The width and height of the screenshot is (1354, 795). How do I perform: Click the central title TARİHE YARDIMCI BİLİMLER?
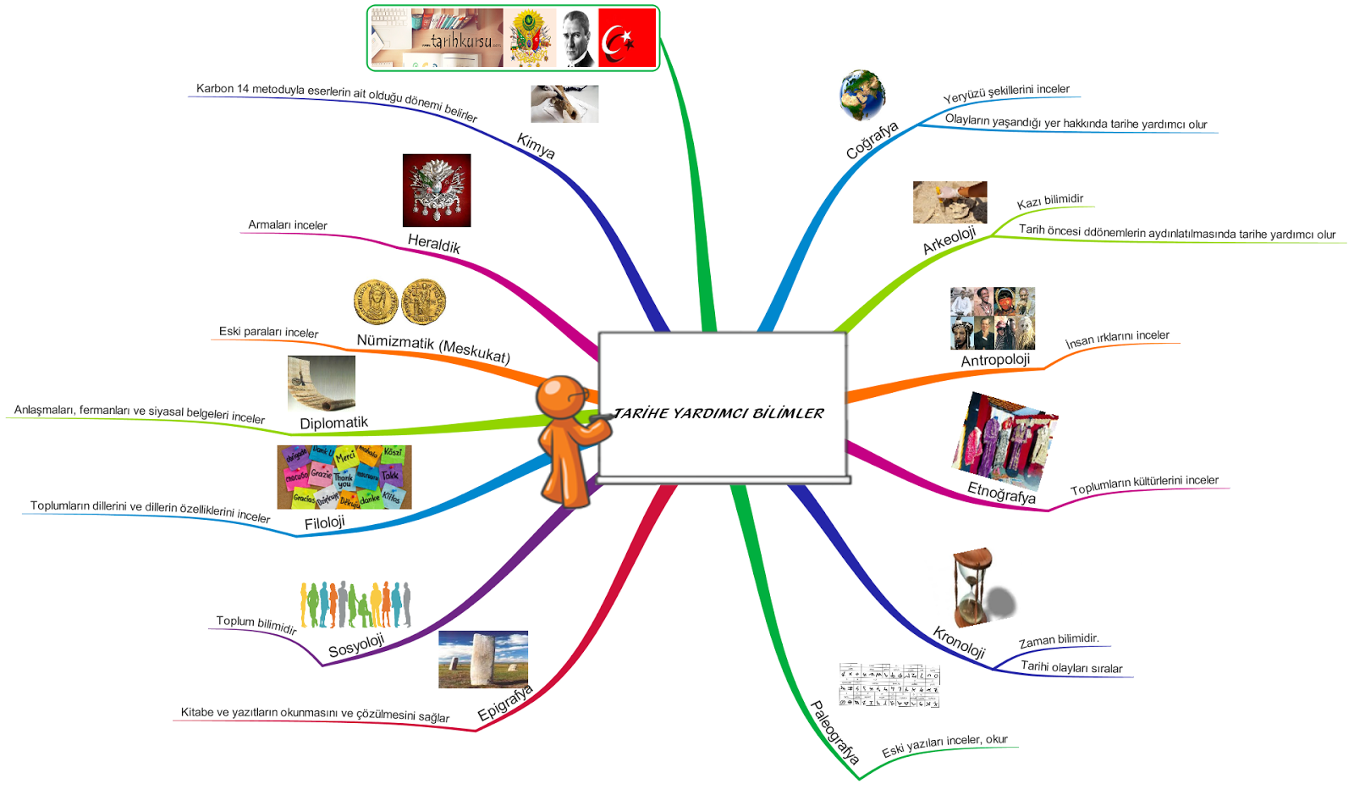pos(718,413)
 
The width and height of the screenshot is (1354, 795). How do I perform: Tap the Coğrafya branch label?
pos(872,141)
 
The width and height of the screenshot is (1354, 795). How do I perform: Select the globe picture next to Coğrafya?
pos(862,95)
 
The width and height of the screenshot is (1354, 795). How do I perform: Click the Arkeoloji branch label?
pos(949,240)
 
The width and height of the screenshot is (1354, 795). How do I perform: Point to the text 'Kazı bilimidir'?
pos(1049,201)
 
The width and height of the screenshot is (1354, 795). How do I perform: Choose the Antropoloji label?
pos(995,360)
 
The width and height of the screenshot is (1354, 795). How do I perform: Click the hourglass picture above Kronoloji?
pos(975,586)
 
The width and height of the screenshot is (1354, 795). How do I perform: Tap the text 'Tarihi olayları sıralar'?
pos(1071,667)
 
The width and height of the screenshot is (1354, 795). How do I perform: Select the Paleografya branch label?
pos(834,732)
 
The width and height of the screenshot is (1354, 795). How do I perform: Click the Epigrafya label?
pos(505,703)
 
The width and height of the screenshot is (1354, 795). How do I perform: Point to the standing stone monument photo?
pos(483,659)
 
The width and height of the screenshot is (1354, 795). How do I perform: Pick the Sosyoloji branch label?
pos(356,645)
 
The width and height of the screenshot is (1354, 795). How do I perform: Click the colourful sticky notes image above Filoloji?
pos(344,477)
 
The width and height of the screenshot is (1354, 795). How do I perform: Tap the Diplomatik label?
pos(333,422)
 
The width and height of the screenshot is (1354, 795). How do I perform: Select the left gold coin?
pos(376,302)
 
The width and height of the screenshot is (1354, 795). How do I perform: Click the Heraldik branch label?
pos(434,243)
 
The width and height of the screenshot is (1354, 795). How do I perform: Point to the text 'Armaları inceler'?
pos(288,225)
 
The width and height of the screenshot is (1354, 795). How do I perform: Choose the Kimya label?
pos(536,146)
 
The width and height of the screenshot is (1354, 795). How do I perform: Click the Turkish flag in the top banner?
pos(627,38)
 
